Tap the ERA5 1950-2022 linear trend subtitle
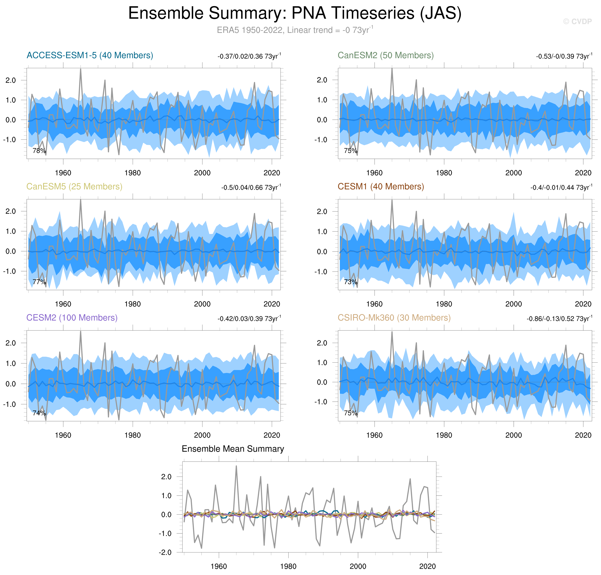click(295, 30)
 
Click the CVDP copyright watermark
click(577, 21)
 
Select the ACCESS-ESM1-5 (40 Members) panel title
click(90, 55)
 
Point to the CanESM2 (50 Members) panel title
click(385, 55)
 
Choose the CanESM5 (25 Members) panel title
click(74, 187)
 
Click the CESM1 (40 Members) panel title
click(380, 187)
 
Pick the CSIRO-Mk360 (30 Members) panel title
click(394, 318)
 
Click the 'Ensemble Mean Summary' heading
click(233, 449)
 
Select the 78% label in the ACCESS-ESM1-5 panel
click(39, 151)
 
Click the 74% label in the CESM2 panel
click(39, 413)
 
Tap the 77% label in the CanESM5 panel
click(39, 282)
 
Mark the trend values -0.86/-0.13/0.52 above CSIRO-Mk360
click(559, 319)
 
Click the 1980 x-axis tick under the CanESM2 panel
click(444, 173)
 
